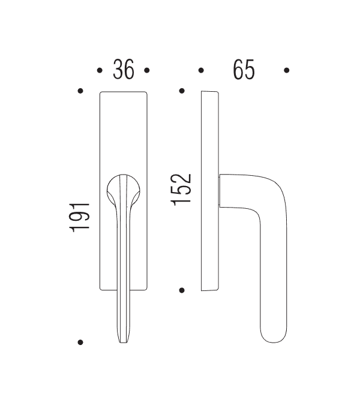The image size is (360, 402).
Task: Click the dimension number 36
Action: pyautogui.click(x=124, y=71)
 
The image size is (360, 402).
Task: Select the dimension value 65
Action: pyautogui.click(x=244, y=71)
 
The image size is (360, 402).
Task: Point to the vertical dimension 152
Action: pyautogui.click(x=182, y=190)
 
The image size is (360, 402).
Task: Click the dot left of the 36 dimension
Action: pyautogui.click(x=100, y=71)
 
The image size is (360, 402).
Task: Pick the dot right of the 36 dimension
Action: pyautogui.click(x=148, y=71)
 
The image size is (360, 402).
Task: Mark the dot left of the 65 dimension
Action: pyautogui.click(x=201, y=71)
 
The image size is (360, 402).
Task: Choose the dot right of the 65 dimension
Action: pyautogui.click(x=287, y=71)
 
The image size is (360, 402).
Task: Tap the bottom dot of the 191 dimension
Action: pyautogui.click(x=80, y=343)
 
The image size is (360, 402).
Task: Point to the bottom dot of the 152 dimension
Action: pyautogui.click(x=181, y=290)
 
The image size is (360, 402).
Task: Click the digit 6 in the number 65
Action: pyautogui.click(x=238, y=71)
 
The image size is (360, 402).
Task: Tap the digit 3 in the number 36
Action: pyautogui.click(x=118, y=71)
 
